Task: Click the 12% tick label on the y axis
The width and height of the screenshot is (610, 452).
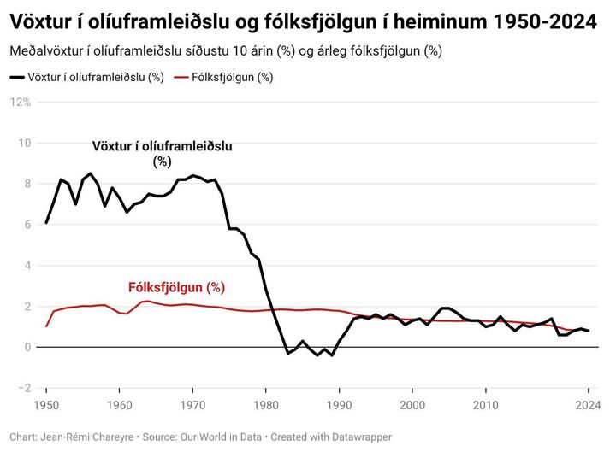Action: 21,102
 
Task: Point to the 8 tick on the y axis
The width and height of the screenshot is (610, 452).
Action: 27,184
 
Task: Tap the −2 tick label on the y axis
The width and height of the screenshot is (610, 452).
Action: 24,388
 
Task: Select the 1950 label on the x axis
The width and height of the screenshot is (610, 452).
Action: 46,404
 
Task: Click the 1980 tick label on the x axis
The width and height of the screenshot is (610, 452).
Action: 266,404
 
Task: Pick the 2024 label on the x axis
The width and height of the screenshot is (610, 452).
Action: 587,404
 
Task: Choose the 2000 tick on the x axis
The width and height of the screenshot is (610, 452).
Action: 412,404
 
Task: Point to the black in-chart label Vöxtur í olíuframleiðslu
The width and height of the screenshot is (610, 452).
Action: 163,147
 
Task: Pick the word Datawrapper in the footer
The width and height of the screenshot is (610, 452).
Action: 356,437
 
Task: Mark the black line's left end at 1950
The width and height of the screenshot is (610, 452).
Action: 46,222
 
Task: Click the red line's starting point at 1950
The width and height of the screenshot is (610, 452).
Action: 46,326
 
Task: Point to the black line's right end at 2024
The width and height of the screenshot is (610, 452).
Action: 589,331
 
